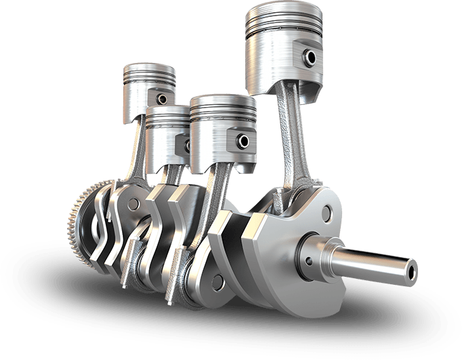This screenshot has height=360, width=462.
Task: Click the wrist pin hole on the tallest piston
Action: pos(312,58)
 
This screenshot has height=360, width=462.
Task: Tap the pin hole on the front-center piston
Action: pos(242,141)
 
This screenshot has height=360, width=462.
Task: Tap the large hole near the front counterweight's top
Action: pos(326,215)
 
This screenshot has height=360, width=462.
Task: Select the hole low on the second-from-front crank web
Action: pos(217,278)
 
